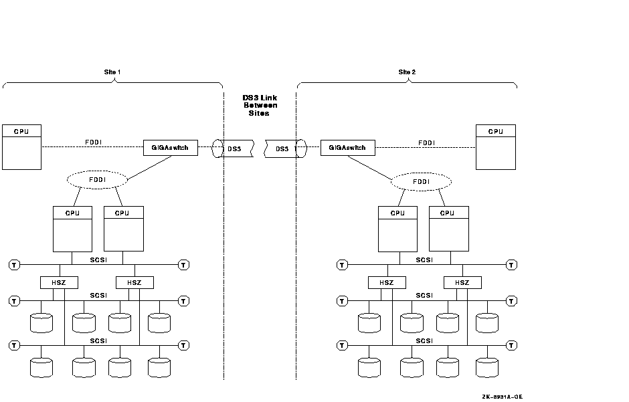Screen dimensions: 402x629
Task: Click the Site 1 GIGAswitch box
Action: pyautogui.click(x=171, y=148)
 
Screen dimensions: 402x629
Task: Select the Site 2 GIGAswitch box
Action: pyautogui.click(x=347, y=148)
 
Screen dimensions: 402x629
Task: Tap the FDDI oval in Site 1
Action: pyautogui.click(x=97, y=179)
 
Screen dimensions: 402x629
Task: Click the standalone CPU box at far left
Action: pyautogui.click(x=21, y=146)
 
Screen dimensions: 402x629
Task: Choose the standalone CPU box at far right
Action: pyautogui.click(x=495, y=146)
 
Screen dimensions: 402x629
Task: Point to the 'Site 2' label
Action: pyautogui.click(x=407, y=72)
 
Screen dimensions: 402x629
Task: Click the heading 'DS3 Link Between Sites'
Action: pyautogui.click(x=260, y=106)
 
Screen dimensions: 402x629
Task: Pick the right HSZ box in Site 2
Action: pyautogui.click(x=462, y=282)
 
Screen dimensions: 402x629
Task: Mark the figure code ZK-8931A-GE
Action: pyautogui.click(x=502, y=397)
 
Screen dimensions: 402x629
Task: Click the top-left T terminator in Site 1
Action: pyautogui.click(x=14, y=265)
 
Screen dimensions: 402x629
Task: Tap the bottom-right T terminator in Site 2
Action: pyautogui.click(x=512, y=345)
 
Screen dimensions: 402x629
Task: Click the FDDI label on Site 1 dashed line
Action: pyautogui.click(x=92, y=142)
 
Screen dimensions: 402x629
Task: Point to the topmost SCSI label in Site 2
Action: pyautogui.click(x=424, y=260)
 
